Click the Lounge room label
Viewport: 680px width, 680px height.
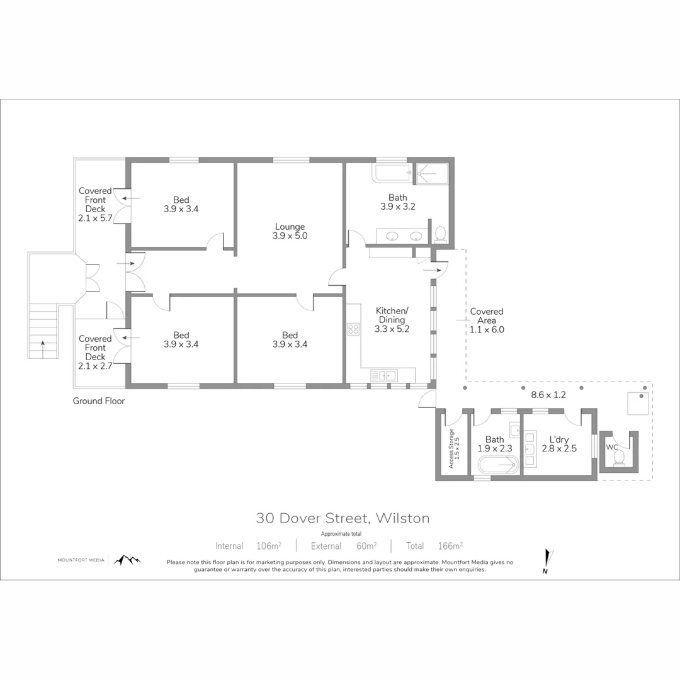tap(290, 231)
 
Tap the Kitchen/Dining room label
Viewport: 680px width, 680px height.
tap(392, 319)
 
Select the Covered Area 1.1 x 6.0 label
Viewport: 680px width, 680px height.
tap(487, 320)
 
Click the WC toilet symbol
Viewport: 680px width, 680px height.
tap(618, 455)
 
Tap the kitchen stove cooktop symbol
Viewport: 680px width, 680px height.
tap(353, 328)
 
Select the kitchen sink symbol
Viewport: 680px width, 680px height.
tap(384, 375)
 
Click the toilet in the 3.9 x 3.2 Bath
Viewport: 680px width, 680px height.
tap(440, 234)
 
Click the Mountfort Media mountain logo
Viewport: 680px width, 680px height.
tap(128, 560)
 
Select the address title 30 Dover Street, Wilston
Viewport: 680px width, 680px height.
tap(343, 518)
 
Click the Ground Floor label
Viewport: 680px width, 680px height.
tap(98, 400)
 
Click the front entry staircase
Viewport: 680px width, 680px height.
tap(43, 331)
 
